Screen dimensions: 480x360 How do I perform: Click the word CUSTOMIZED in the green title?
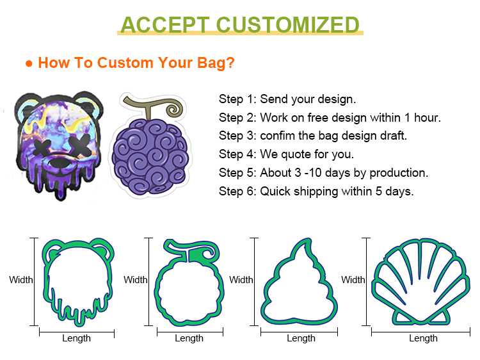click(288, 24)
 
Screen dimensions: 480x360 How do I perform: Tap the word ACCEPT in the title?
click(165, 24)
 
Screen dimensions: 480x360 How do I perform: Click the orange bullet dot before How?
click(29, 63)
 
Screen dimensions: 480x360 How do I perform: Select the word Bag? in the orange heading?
click(216, 63)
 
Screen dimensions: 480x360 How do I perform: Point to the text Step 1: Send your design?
click(287, 99)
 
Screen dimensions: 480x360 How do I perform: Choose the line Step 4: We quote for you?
click(286, 154)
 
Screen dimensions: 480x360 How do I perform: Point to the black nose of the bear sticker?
click(60, 162)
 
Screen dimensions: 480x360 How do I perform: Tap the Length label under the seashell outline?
click(424, 338)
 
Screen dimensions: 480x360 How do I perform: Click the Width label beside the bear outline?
click(21, 280)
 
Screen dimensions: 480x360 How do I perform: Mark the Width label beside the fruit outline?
click(135, 280)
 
